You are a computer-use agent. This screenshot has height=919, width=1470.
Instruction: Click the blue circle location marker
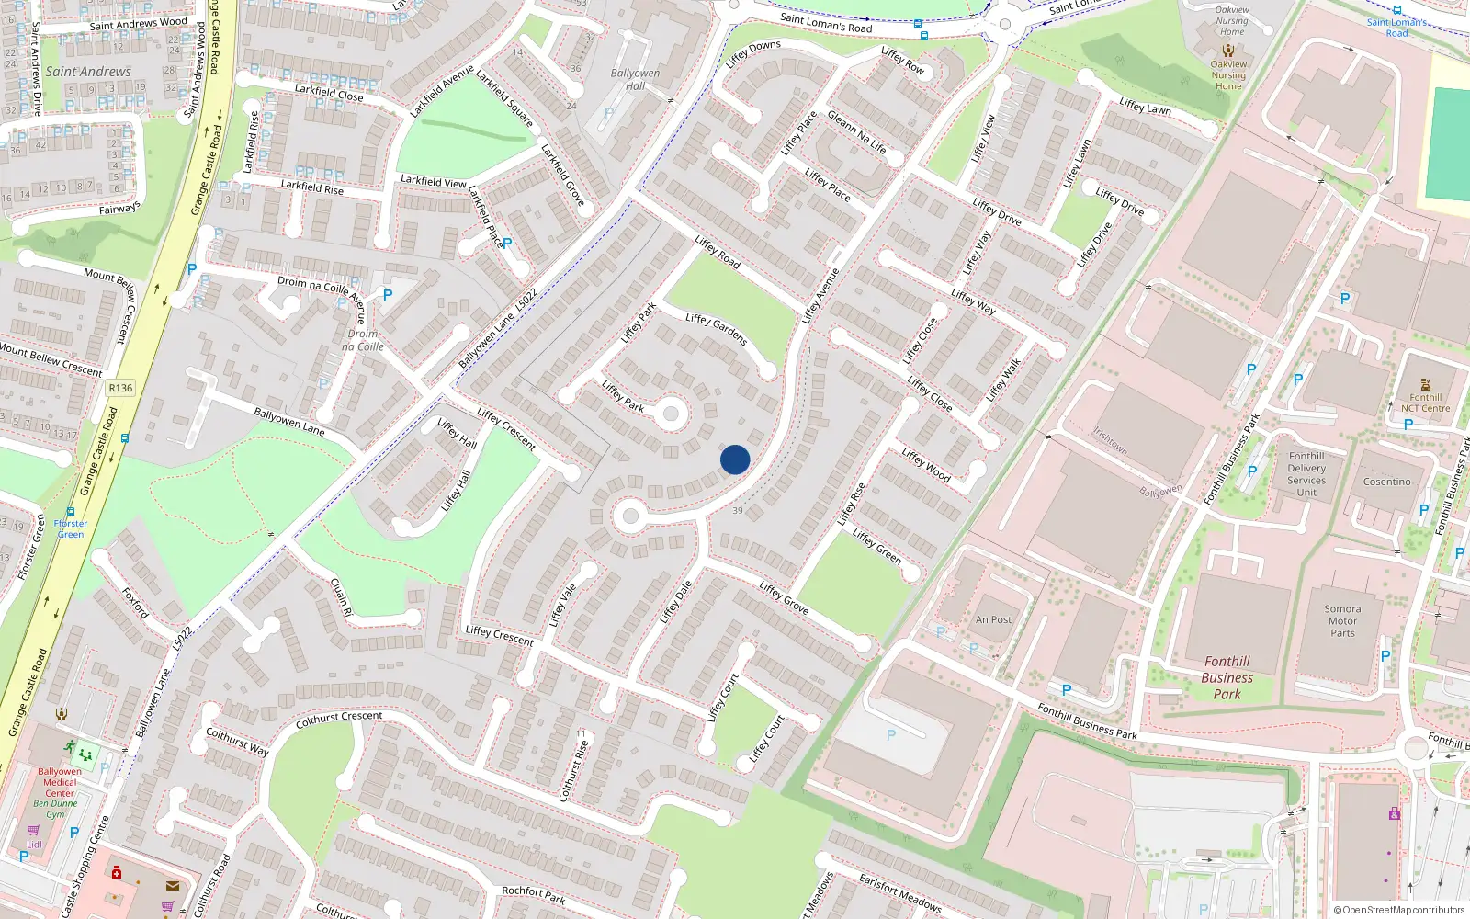pyautogui.click(x=735, y=459)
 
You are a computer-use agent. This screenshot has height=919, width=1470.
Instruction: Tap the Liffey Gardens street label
pyautogui.click(x=717, y=328)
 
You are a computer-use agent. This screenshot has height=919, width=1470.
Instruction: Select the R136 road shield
pyautogui.click(x=120, y=388)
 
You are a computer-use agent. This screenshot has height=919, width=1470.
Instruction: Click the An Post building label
pyautogui.click(x=993, y=620)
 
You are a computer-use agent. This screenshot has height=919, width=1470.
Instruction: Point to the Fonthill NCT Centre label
pyautogui.click(x=1425, y=403)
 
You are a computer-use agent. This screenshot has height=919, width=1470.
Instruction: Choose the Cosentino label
pyautogui.click(x=1386, y=482)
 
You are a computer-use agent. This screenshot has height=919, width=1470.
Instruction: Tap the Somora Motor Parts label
pyautogui.click(x=1342, y=621)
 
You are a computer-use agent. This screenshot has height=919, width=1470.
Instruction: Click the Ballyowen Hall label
pyautogui.click(x=635, y=79)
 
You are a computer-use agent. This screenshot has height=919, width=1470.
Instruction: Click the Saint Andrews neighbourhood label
pyautogui.click(x=88, y=72)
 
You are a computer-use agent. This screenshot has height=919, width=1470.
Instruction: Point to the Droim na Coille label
pyautogui.click(x=363, y=340)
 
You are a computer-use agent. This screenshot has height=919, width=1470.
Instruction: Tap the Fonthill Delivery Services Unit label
pyautogui.click(x=1306, y=474)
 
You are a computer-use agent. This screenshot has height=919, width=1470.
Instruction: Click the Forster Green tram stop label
pyautogui.click(x=71, y=528)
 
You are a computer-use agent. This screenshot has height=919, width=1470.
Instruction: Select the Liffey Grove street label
pyautogui.click(x=784, y=598)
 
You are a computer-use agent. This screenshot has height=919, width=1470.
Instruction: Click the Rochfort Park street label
pyautogui.click(x=533, y=894)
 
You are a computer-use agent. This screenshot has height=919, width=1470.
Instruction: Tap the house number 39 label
pyautogui.click(x=737, y=511)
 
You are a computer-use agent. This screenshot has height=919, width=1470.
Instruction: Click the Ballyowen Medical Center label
pyautogui.click(x=60, y=782)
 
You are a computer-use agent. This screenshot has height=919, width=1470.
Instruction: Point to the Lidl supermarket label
pyautogui.click(x=34, y=844)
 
